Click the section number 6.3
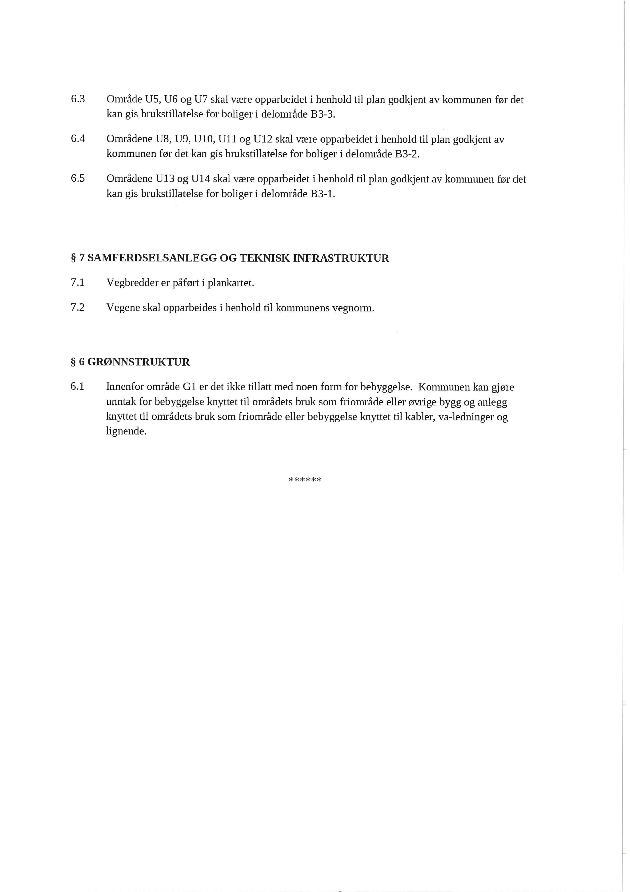(x=78, y=99)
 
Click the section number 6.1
(x=77, y=387)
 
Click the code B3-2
(x=407, y=154)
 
